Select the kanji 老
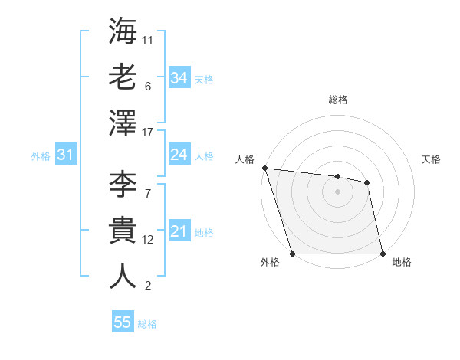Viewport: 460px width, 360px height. coord(123,77)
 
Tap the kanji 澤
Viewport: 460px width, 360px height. coord(123,123)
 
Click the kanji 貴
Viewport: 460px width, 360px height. coord(123,231)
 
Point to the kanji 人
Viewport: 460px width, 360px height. coord(123,276)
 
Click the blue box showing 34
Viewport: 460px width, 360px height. coord(179,78)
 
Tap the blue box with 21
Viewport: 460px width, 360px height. coord(179,232)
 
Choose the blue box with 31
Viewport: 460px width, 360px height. coord(65,155)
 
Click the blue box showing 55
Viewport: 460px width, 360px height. coord(123,322)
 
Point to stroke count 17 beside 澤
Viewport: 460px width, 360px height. coord(148,133)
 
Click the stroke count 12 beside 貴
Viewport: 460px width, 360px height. coord(148,240)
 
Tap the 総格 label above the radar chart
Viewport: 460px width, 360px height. coord(338,100)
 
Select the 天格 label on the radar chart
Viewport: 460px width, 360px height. coord(431,159)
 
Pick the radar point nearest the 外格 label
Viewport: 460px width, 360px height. coord(292,253)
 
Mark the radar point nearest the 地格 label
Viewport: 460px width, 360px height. coord(383,253)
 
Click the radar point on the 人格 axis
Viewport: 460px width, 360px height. coord(264,168)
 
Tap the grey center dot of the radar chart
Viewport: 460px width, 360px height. coord(337,191)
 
